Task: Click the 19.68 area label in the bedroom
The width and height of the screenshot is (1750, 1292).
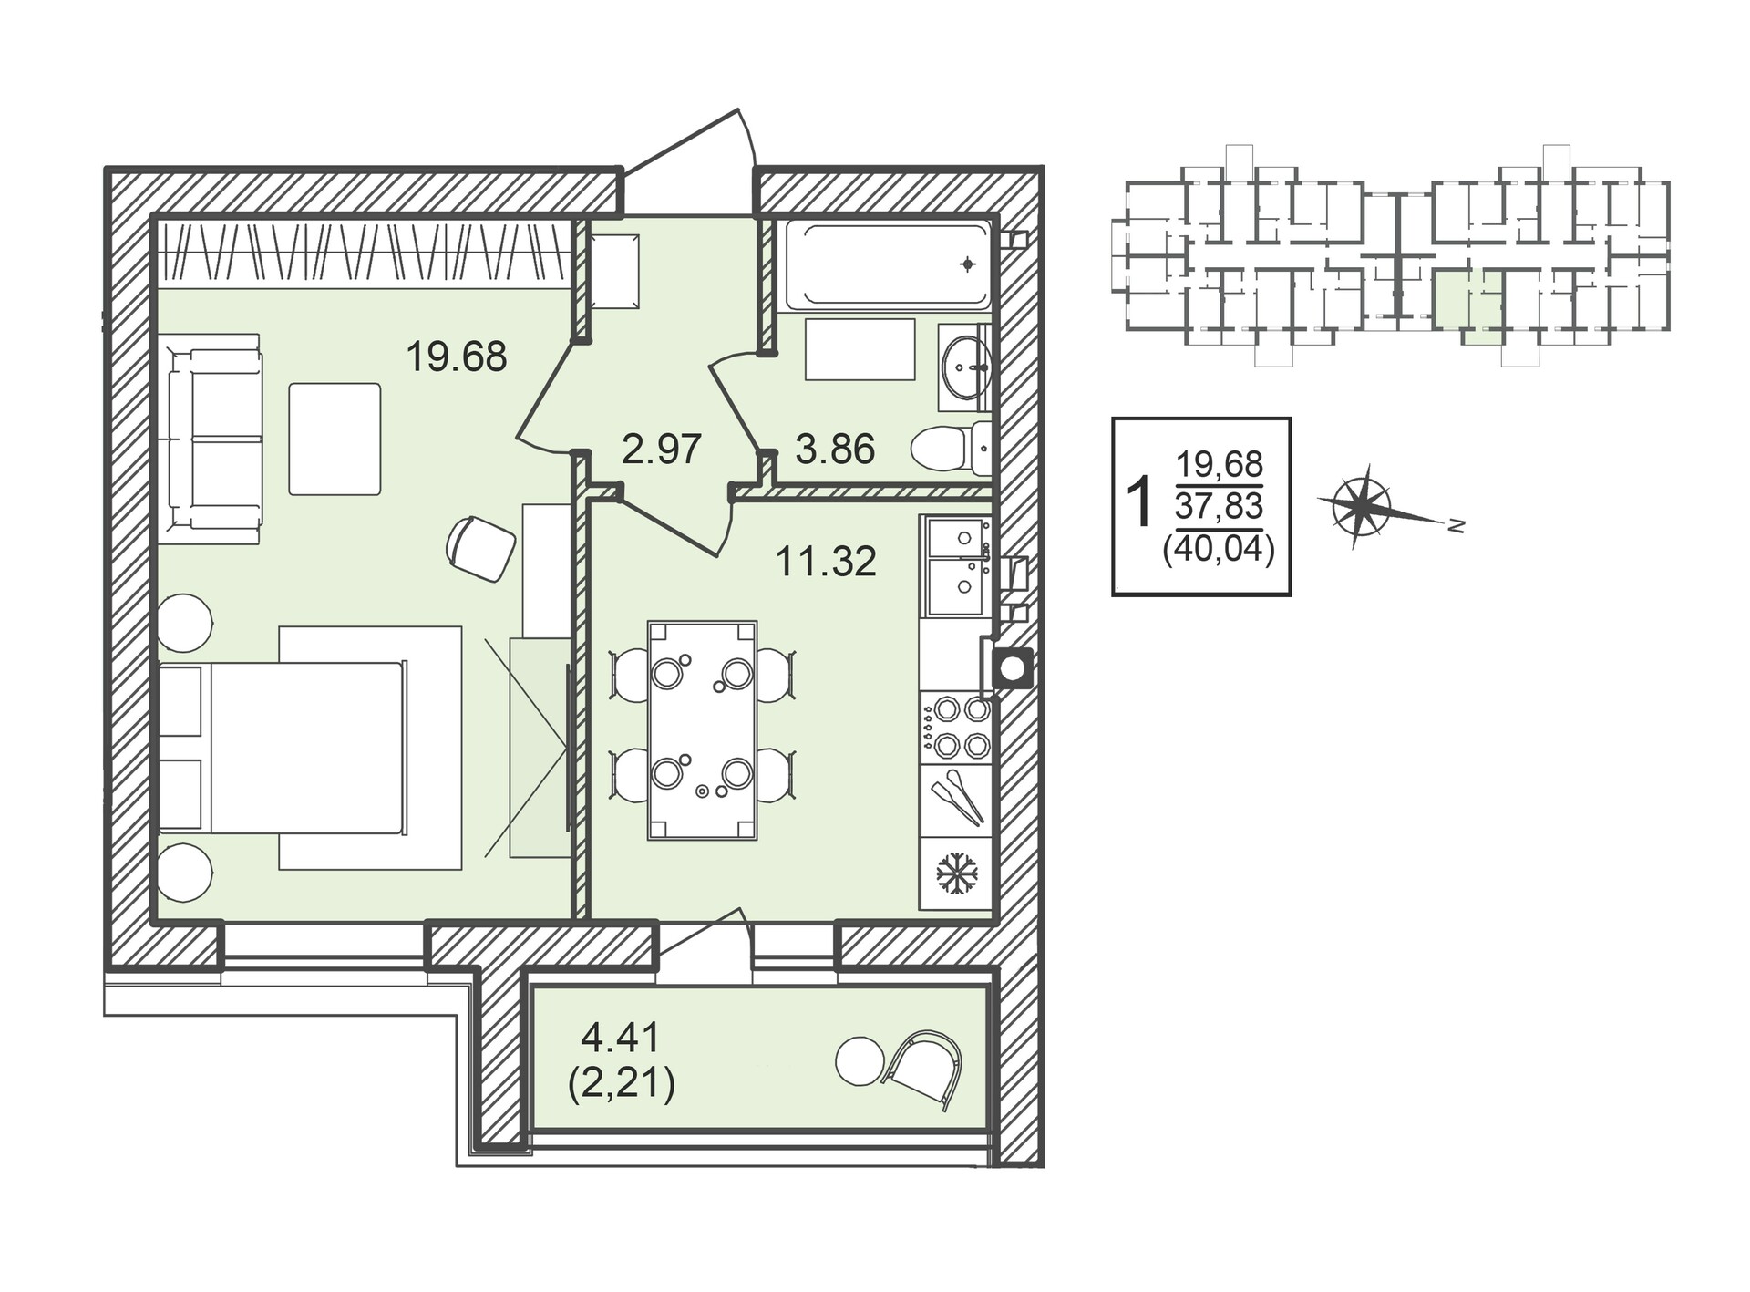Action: pos(456,357)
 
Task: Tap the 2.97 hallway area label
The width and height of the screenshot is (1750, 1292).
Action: pos(662,450)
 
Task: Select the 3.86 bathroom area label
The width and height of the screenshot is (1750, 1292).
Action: pos(835,450)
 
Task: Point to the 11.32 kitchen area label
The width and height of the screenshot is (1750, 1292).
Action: pos(826,562)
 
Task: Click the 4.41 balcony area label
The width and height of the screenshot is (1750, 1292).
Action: pos(620,1038)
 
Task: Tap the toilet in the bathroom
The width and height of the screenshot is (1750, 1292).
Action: pos(952,448)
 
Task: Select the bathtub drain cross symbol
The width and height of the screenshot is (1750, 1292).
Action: pos(968,264)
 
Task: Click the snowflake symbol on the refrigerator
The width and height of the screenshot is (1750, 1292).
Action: pos(957,873)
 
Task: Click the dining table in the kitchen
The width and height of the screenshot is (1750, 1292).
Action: pos(702,730)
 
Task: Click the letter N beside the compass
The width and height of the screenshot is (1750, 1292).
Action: pos(1457,526)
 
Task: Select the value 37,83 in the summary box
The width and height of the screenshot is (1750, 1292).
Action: pos(1220,504)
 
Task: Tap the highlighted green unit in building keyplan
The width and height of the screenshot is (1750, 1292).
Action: pos(1467,306)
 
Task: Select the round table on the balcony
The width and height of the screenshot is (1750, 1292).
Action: pos(860,1061)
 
